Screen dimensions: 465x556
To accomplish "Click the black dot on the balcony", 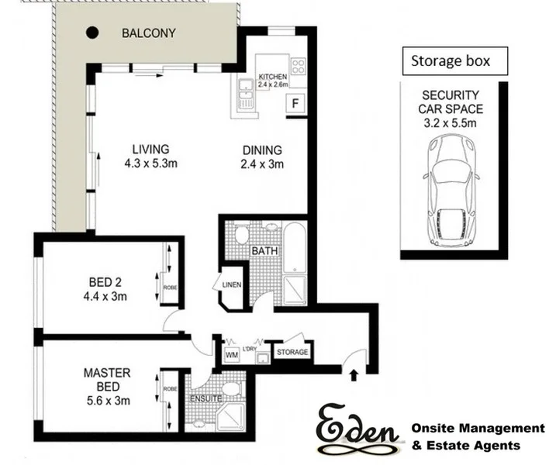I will click(x=92, y=33).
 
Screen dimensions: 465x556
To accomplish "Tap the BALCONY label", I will click(x=148, y=33).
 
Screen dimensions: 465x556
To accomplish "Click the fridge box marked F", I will click(x=295, y=104).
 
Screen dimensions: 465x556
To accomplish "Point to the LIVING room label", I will click(x=150, y=156).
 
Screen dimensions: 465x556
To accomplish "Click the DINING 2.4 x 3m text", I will click(x=262, y=157).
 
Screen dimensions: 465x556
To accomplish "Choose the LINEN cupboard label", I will click(x=231, y=284).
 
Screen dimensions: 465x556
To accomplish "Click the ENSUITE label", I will click(x=205, y=398).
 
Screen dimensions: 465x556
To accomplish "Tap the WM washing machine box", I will click(x=230, y=354).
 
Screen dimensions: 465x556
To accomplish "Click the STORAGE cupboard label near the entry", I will click(x=292, y=353).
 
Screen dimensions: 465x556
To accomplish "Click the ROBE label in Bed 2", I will click(x=169, y=288).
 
